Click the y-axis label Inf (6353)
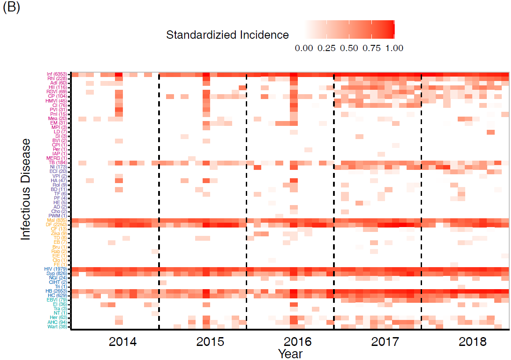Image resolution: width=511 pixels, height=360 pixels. tap(57, 74)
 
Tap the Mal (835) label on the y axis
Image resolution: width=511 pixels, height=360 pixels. tap(57, 220)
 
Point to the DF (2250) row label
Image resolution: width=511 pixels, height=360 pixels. tap(57, 224)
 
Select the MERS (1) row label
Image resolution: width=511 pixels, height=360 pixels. tap(57, 158)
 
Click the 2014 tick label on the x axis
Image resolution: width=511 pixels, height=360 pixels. tap(122, 342)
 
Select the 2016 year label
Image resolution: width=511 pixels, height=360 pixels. tap(298, 342)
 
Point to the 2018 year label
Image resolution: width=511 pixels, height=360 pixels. tap(473, 342)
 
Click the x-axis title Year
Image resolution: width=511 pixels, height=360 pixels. tap(290, 353)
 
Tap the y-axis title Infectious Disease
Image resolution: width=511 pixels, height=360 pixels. tap(26, 189)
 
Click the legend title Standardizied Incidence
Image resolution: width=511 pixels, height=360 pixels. tap(227, 35)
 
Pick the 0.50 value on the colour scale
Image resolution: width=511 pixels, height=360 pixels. tap(349, 48)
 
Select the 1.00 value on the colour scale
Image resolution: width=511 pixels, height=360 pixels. tap(394, 48)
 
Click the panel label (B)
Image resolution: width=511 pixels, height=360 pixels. tap(11, 8)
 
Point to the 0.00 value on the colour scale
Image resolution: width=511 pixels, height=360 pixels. tap(304, 48)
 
